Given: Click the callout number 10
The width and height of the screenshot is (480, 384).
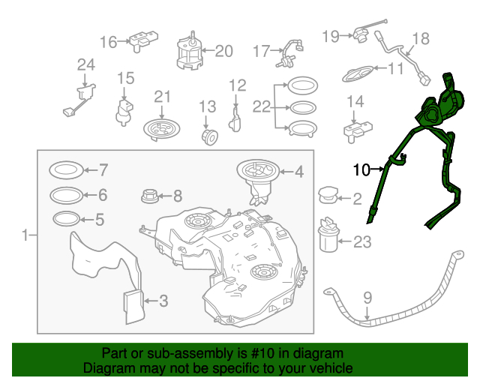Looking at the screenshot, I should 361,170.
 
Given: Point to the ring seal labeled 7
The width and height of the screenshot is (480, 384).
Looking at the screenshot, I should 66,169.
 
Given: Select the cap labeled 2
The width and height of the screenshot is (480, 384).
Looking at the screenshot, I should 328,196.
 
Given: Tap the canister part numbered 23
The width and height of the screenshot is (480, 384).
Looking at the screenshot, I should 328,236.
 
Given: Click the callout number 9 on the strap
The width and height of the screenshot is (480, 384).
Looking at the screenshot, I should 367,298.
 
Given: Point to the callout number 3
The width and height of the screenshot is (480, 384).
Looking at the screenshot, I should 163,301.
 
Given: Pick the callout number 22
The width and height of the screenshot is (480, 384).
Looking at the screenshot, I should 260,106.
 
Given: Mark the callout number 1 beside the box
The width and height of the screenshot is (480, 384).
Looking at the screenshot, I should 26,235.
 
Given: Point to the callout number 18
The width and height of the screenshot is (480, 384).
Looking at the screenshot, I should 421,38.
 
